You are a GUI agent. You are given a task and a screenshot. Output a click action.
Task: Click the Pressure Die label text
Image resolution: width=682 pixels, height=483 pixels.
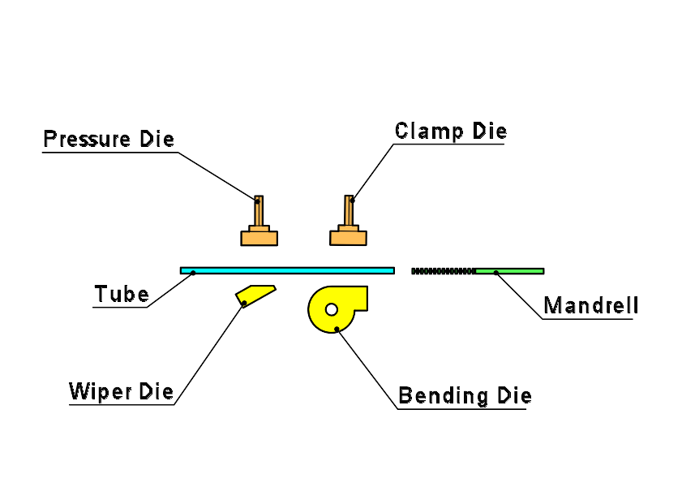point(109,139)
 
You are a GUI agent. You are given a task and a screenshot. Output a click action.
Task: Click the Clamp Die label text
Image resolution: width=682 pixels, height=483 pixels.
point(451,131)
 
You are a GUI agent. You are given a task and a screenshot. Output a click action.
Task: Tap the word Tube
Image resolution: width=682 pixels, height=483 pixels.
point(122,294)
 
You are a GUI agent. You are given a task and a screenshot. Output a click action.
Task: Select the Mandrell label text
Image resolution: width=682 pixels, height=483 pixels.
point(590,306)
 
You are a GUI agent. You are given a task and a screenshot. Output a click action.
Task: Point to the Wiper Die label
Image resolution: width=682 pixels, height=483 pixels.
point(122,392)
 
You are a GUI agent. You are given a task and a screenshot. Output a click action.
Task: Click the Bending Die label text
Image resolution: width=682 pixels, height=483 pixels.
point(465,396)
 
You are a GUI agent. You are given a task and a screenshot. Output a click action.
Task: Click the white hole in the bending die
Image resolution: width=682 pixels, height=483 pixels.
point(332,308)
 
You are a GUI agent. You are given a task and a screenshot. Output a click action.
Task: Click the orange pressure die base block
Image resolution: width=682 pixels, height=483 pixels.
point(260,238)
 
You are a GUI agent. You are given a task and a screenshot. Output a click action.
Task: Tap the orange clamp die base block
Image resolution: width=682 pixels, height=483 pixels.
point(348,238)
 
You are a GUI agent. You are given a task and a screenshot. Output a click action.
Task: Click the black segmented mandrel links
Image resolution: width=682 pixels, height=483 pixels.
point(442,270)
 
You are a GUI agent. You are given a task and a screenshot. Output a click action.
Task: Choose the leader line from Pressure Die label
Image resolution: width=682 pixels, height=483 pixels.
point(217,175)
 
